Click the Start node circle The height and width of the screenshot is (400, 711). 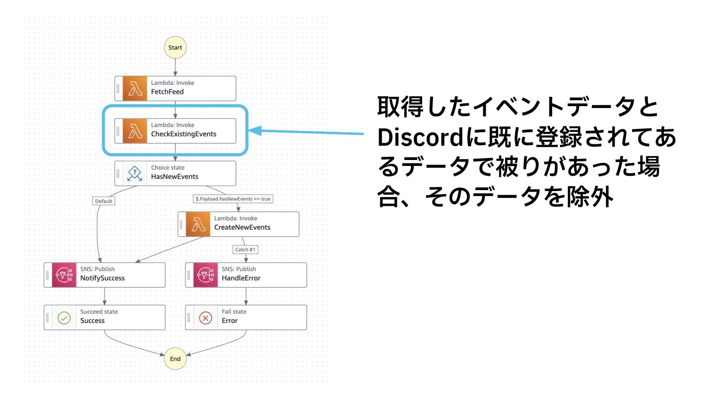click(175, 48)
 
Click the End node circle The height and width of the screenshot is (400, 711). click(175, 359)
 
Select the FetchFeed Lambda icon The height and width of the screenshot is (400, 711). click(135, 88)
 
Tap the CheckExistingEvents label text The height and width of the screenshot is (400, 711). click(184, 134)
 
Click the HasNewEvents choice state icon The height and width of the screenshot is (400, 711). click(135, 173)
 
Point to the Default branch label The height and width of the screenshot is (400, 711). click(103, 201)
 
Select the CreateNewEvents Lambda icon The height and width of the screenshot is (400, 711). click(198, 224)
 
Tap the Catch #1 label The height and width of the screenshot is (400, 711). click(245, 249)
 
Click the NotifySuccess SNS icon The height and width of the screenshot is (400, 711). click(64, 275)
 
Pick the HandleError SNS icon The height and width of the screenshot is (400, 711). click(205, 275)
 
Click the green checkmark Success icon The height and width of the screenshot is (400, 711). click(64, 318)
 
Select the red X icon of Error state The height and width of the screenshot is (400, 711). click(205, 318)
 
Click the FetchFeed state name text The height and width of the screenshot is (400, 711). click(167, 91)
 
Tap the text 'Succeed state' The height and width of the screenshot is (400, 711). click(99, 312)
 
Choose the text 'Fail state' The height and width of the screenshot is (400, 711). click(234, 312)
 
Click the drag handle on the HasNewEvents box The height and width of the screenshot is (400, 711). click(118, 173)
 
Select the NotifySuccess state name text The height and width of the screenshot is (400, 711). click(103, 278)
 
